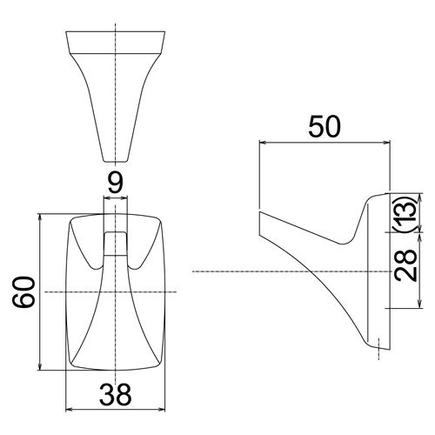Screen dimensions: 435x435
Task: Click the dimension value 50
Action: (325, 127)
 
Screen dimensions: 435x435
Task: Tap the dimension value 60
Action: (23, 291)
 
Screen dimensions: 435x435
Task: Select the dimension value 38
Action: (115, 394)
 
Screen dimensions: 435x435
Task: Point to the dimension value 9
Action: (116, 183)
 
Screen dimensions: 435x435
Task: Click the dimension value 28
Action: (407, 264)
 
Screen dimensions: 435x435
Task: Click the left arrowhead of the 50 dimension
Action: (263, 142)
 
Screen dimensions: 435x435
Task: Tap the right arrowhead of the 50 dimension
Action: (386, 142)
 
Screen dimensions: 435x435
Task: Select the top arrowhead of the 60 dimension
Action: (40, 217)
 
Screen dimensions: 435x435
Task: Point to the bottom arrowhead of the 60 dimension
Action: (40, 366)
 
